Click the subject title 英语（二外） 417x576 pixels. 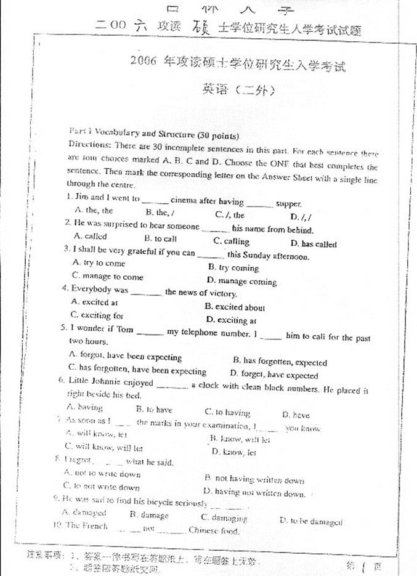coord(238,90)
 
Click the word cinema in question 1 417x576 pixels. coord(185,200)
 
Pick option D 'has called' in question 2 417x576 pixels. coord(314,244)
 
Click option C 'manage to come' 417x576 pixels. coord(107,277)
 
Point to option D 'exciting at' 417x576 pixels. coord(231,320)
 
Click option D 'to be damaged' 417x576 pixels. coord(310,521)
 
